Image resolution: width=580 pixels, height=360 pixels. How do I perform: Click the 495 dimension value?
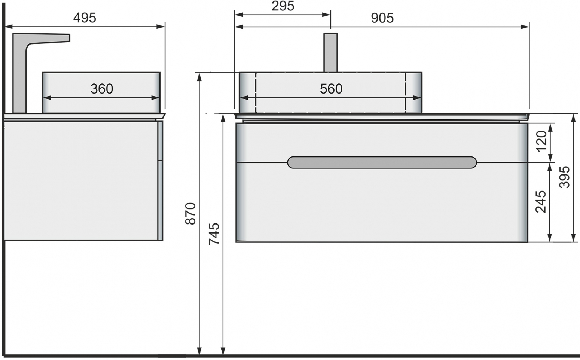click(85, 18)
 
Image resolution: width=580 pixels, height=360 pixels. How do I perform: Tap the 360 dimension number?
click(102, 89)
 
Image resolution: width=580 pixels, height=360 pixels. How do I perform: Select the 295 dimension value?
click(283, 6)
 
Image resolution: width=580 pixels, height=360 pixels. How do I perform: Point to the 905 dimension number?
click(382, 18)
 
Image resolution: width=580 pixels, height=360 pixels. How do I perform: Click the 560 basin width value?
click(331, 89)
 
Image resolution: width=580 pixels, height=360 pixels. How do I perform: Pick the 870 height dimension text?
click(190, 214)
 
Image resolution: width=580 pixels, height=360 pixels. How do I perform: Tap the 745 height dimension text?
click(214, 234)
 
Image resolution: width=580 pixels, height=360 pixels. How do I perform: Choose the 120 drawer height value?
click(541, 141)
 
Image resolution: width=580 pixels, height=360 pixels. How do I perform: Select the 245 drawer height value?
click(541, 202)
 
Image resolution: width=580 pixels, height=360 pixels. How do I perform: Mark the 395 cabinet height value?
click(564, 177)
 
